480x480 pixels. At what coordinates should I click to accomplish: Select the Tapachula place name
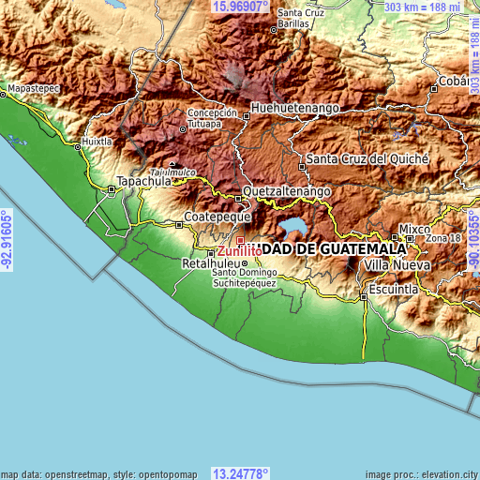pyautogui.click(x=142, y=182)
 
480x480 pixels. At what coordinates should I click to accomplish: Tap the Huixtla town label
pyautogui.click(x=97, y=142)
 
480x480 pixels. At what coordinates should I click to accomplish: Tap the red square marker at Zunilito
pyautogui.click(x=240, y=241)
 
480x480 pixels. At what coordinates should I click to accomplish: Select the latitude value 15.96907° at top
pyautogui.click(x=241, y=6)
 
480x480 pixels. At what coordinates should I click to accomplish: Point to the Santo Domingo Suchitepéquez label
pyautogui.click(x=244, y=277)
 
